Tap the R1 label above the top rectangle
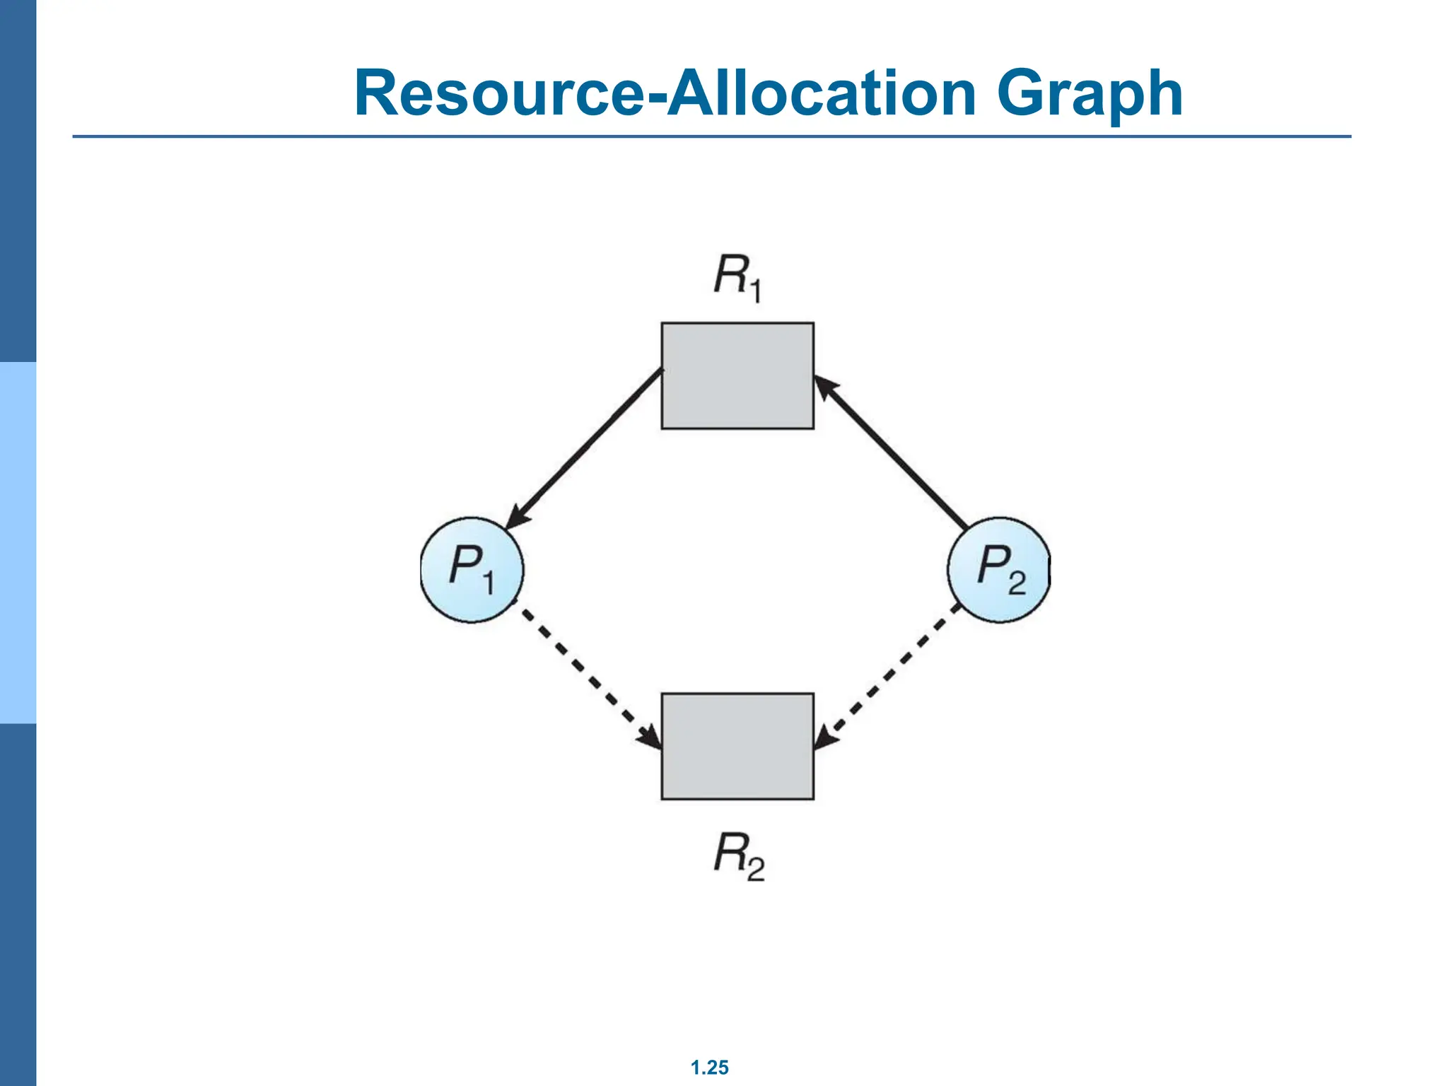pyautogui.click(x=737, y=279)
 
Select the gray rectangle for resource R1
pyautogui.click(x=737, y=375)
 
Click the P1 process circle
pyautogui.click(x=472, y=570)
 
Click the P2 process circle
pyautogui.click(x=998, y=570)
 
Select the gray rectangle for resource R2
pyautogui.click(x=737, y=746)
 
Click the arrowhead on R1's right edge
pyautogui.click(x=824, y=387)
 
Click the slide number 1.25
pyautogui.click(x=709, y=1068)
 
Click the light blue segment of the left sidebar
pyautogui.click(x=18, y=542)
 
